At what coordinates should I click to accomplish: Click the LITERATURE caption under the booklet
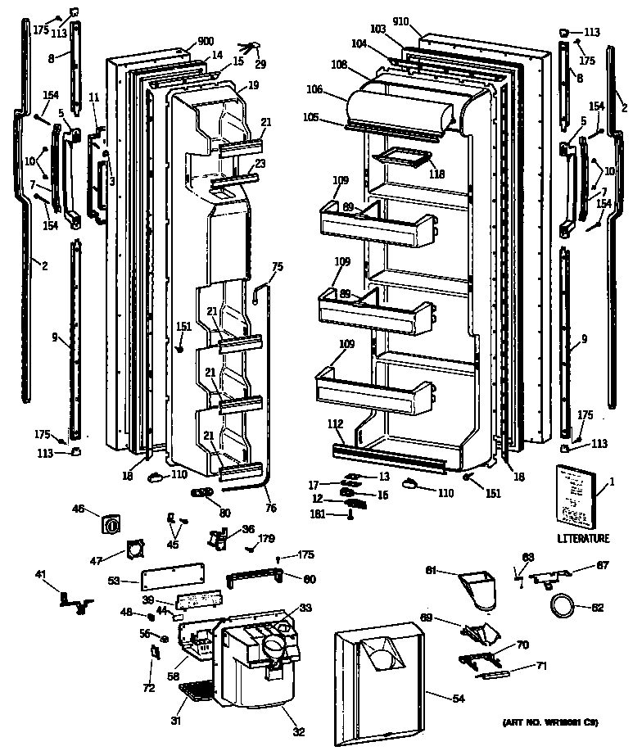coord(583,538)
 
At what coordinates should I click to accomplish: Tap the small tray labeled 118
coord(400,155)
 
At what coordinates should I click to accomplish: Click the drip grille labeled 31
coord(197,692)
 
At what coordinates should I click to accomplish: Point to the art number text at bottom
coord(549,723)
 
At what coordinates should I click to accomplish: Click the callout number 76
coord(271,509)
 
